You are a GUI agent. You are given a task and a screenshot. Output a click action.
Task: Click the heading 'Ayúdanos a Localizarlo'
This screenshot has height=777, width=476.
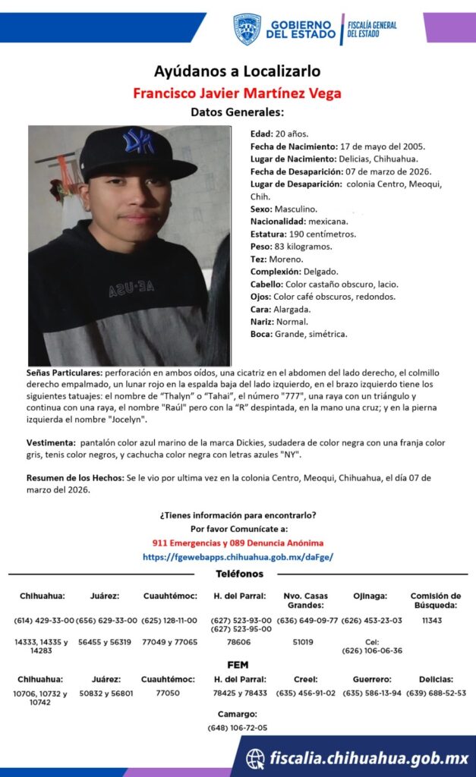tap(237, 71)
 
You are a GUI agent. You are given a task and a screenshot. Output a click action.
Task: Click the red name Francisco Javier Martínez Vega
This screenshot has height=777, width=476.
tap(237, 93)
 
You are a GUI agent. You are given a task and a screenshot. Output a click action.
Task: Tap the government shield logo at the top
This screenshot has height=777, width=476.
tap(247, 29)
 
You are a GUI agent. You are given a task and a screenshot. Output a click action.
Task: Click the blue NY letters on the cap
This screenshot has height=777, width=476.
tap(138, 141)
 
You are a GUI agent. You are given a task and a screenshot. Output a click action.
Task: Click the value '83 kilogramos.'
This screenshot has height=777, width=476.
tap(304, 247)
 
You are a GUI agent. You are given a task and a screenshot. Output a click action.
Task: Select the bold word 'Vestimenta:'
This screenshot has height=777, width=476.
tap(52, 442)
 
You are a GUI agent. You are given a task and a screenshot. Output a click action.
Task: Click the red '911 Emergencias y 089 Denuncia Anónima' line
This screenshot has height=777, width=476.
tap(238, 543)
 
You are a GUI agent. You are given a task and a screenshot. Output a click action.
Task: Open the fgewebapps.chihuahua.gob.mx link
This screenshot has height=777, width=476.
tap(238, 556)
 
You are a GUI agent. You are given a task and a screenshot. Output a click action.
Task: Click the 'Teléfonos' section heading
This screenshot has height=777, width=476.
tap(239, 574)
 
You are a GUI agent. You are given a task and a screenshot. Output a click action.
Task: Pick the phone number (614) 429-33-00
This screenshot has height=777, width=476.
tap(44, 620)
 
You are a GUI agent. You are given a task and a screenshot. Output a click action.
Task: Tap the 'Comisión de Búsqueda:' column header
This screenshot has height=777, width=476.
tap(435, 600)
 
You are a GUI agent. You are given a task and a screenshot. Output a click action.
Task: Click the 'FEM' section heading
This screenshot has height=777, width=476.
tap(238, 665)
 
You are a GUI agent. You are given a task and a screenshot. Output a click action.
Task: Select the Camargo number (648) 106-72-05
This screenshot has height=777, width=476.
tap(238, 728)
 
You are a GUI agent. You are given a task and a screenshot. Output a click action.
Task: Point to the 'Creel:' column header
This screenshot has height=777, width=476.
tap(305, 679)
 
